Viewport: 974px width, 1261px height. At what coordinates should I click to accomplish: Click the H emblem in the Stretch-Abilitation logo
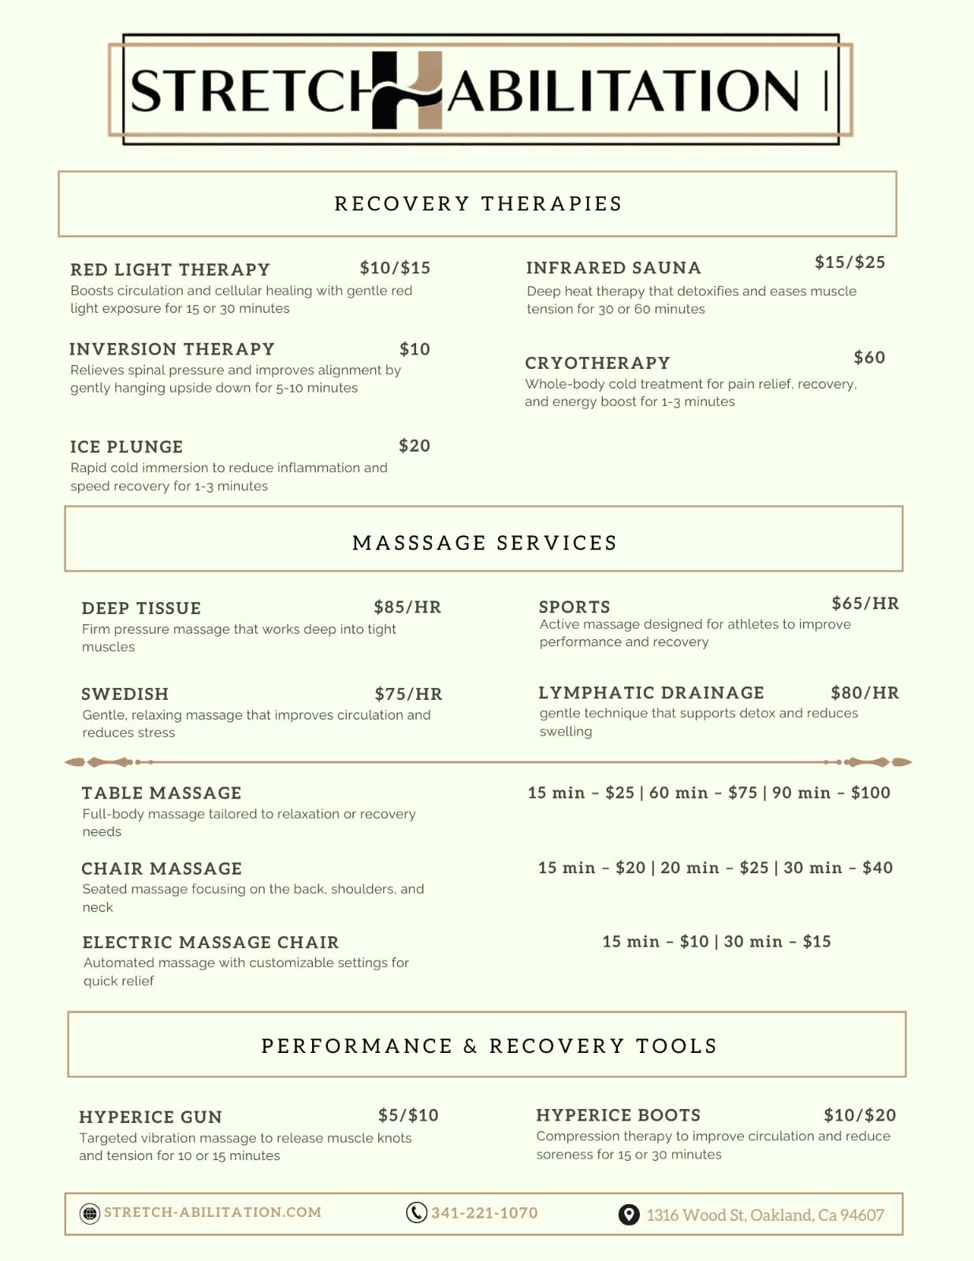[x=407, y=90]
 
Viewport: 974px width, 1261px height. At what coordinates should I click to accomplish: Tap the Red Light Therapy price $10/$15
[x=395, y=268]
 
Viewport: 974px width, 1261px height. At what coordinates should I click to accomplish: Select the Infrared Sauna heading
[x=613, y=268]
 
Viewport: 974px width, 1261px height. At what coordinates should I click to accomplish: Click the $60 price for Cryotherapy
[x=869, y=358]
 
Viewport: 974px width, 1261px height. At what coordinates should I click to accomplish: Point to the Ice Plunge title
[x=126, y=447]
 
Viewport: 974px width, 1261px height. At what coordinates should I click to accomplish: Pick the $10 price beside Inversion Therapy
[x=415, y=349]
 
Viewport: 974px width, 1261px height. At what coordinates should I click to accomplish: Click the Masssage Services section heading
[x=484, y=543]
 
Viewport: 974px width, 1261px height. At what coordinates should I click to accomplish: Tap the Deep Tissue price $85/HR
[x=407, y=607]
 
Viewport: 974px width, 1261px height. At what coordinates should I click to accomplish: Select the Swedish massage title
[x=125, y=694]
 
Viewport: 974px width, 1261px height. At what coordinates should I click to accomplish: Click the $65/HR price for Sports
[x=865, y=604]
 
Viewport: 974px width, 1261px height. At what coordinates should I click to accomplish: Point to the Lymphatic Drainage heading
[x=651, y=693]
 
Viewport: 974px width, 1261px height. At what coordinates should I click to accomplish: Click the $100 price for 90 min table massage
[x=870, y=793]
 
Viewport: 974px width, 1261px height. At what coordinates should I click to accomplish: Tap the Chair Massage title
[x=162, y=869]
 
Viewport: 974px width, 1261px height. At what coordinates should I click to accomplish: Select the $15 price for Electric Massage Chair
[x=816, y=942]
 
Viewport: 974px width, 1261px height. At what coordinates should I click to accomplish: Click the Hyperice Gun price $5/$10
[x=408, y=1115]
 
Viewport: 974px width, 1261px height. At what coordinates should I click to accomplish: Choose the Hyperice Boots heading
[x=618, y=1115]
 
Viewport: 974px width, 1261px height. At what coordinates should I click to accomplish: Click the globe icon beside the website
[x=90, y=1213]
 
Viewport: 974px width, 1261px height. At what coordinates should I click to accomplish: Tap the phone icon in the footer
[x=416, y=1212]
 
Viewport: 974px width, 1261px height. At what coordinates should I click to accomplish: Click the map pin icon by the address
[x=628, y=1215]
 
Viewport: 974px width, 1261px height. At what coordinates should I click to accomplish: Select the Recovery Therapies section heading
[x=478, y=204]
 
